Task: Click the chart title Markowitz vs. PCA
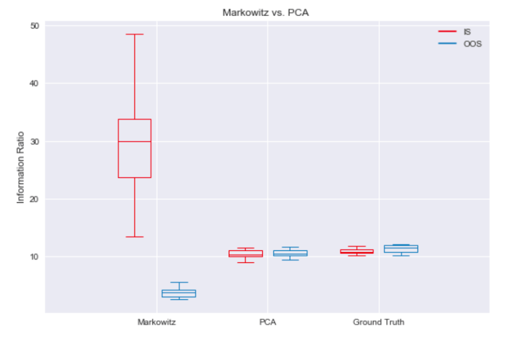[265, 13]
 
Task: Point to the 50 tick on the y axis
[35, 26]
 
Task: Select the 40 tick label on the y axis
[35, 84]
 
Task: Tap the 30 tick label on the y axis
[35, 141]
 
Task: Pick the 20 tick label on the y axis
[35, 199]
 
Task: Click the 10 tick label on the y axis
[35, 257]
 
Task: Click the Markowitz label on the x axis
[157, 322]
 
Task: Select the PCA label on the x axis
[268, 322]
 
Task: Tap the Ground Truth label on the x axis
[378, 322]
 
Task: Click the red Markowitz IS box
[135, 148]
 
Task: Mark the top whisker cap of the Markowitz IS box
[135, 35]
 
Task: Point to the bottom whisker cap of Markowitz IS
[135, 236]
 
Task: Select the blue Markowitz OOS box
[179, 293]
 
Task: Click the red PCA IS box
[245, 253]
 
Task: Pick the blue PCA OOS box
[290, 253]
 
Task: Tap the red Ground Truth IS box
[356, 251]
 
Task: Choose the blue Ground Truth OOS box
[401, 249]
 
